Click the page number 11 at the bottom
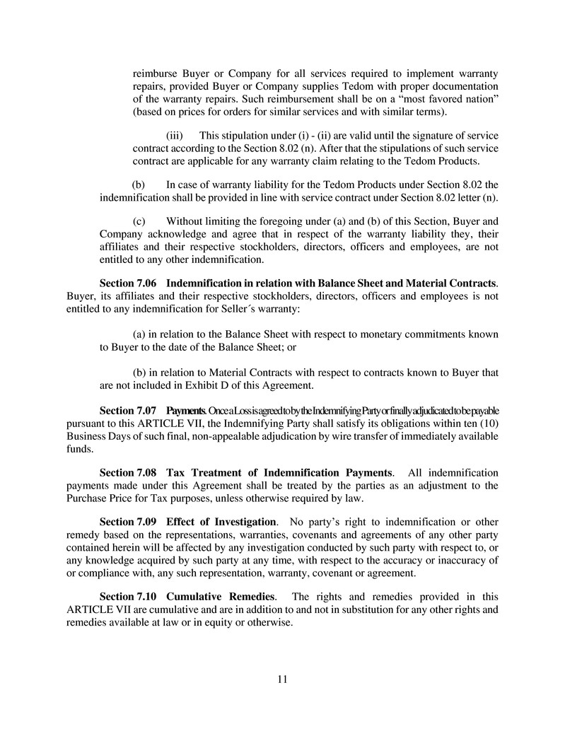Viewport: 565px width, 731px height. click(282, 680)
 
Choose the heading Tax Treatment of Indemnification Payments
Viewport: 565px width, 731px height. click(279, 472)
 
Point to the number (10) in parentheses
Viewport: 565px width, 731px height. click(487, 423)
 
